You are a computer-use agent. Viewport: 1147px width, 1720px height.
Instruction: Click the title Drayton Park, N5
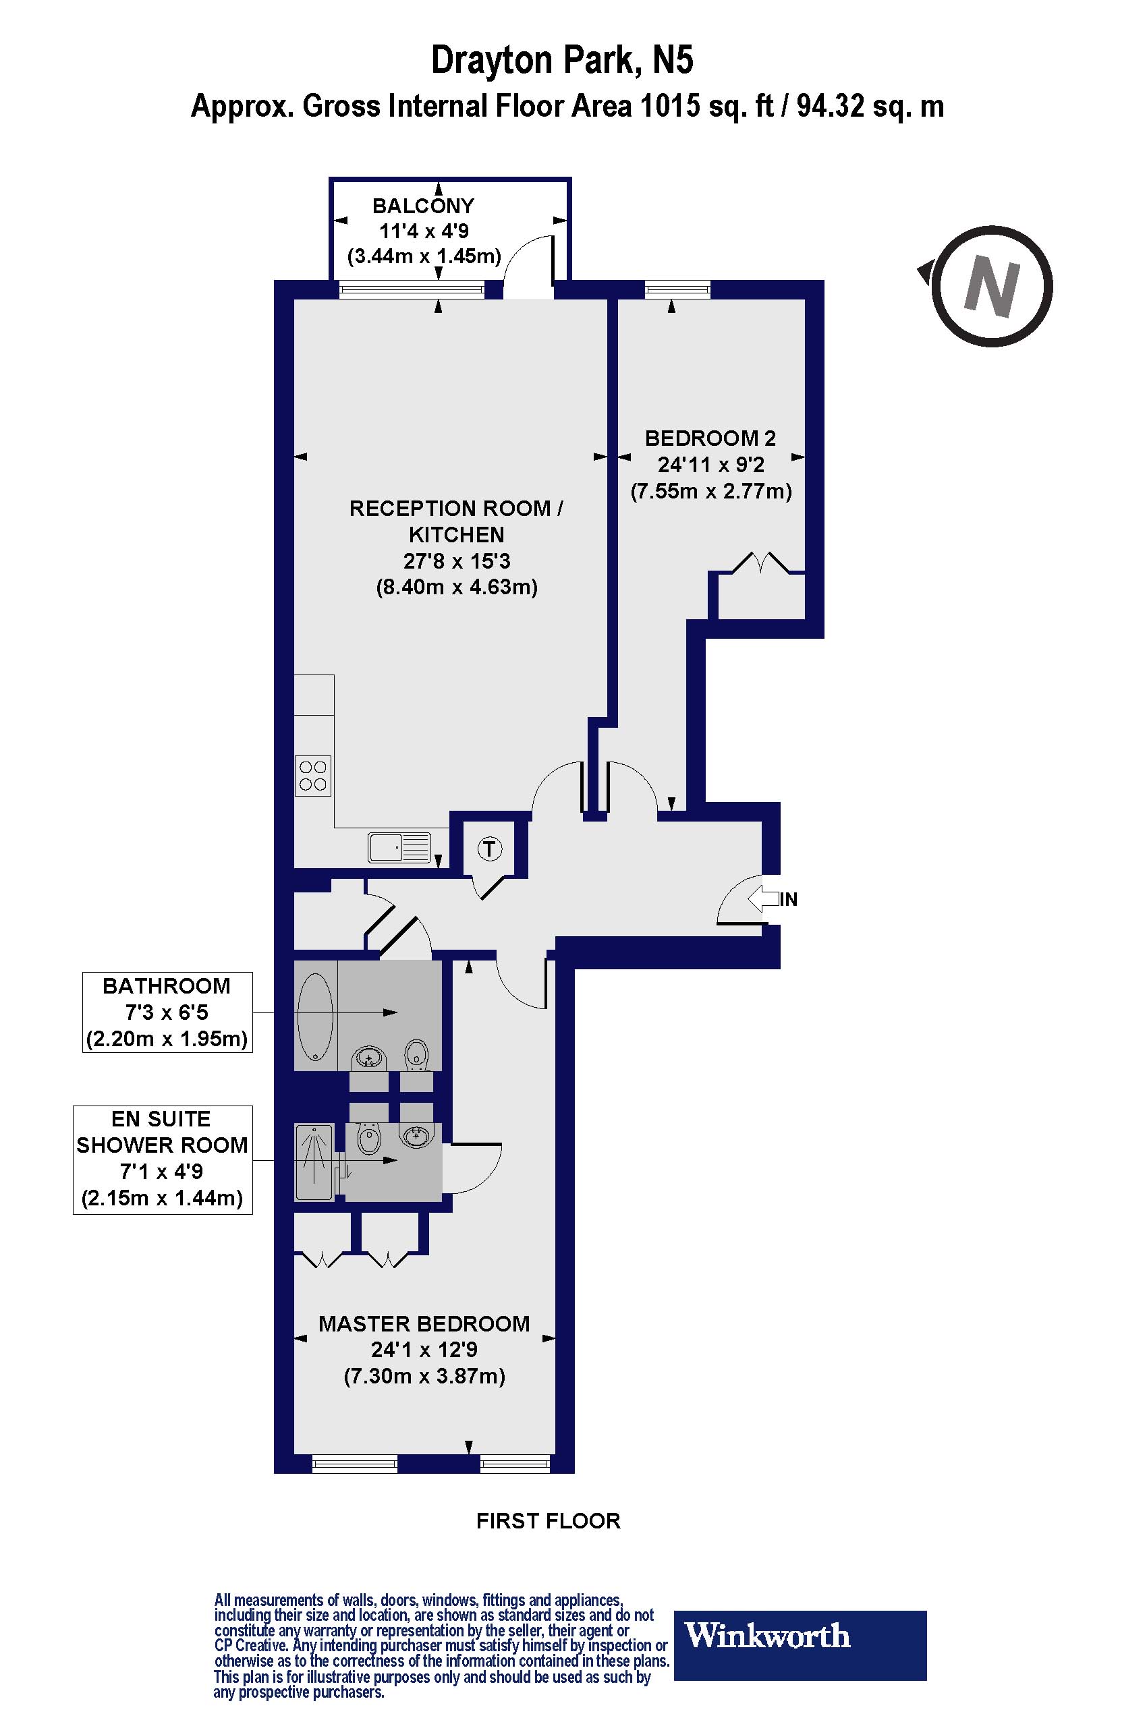[x=562, y=60]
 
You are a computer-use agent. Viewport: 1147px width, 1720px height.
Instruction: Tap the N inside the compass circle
[x=991, y=287]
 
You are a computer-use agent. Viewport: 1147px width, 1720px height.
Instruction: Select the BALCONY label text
[x=423, y=206]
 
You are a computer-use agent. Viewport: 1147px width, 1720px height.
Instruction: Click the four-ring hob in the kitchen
[x=313, y=776]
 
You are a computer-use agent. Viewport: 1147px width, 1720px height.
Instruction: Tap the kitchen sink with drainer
[x=399, y=849]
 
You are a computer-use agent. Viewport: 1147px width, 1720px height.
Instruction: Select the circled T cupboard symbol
[x=489, y=849]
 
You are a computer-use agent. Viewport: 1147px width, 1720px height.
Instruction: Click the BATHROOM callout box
[x=167, y=1012]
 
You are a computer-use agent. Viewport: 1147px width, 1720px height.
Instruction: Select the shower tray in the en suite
[x=314, y=1162]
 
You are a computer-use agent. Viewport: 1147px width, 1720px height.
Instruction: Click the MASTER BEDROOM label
[x=424, y=1323]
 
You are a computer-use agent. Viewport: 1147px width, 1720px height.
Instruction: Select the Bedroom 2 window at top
[x=678, y=290]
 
